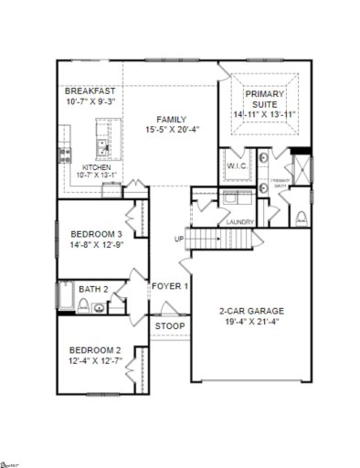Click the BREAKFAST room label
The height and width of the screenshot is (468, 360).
click(x=89, y=92)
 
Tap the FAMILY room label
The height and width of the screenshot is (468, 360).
click(x=171, y=119)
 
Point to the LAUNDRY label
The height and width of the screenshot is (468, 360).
click(x=239, y=222)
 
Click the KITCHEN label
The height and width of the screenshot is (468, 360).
click(x=96, y=167)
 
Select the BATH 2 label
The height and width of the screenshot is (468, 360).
click(x=93, y=290)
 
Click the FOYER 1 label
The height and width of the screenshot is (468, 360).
click(x=170, y=286)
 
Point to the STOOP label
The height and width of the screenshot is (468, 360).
click(x=169, y=326)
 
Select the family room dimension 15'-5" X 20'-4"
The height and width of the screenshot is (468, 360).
click(x=171, y=130)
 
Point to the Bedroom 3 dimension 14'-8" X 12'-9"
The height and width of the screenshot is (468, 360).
click(x=96, y=245)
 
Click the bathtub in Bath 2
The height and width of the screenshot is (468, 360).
click(x=66, y=297)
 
